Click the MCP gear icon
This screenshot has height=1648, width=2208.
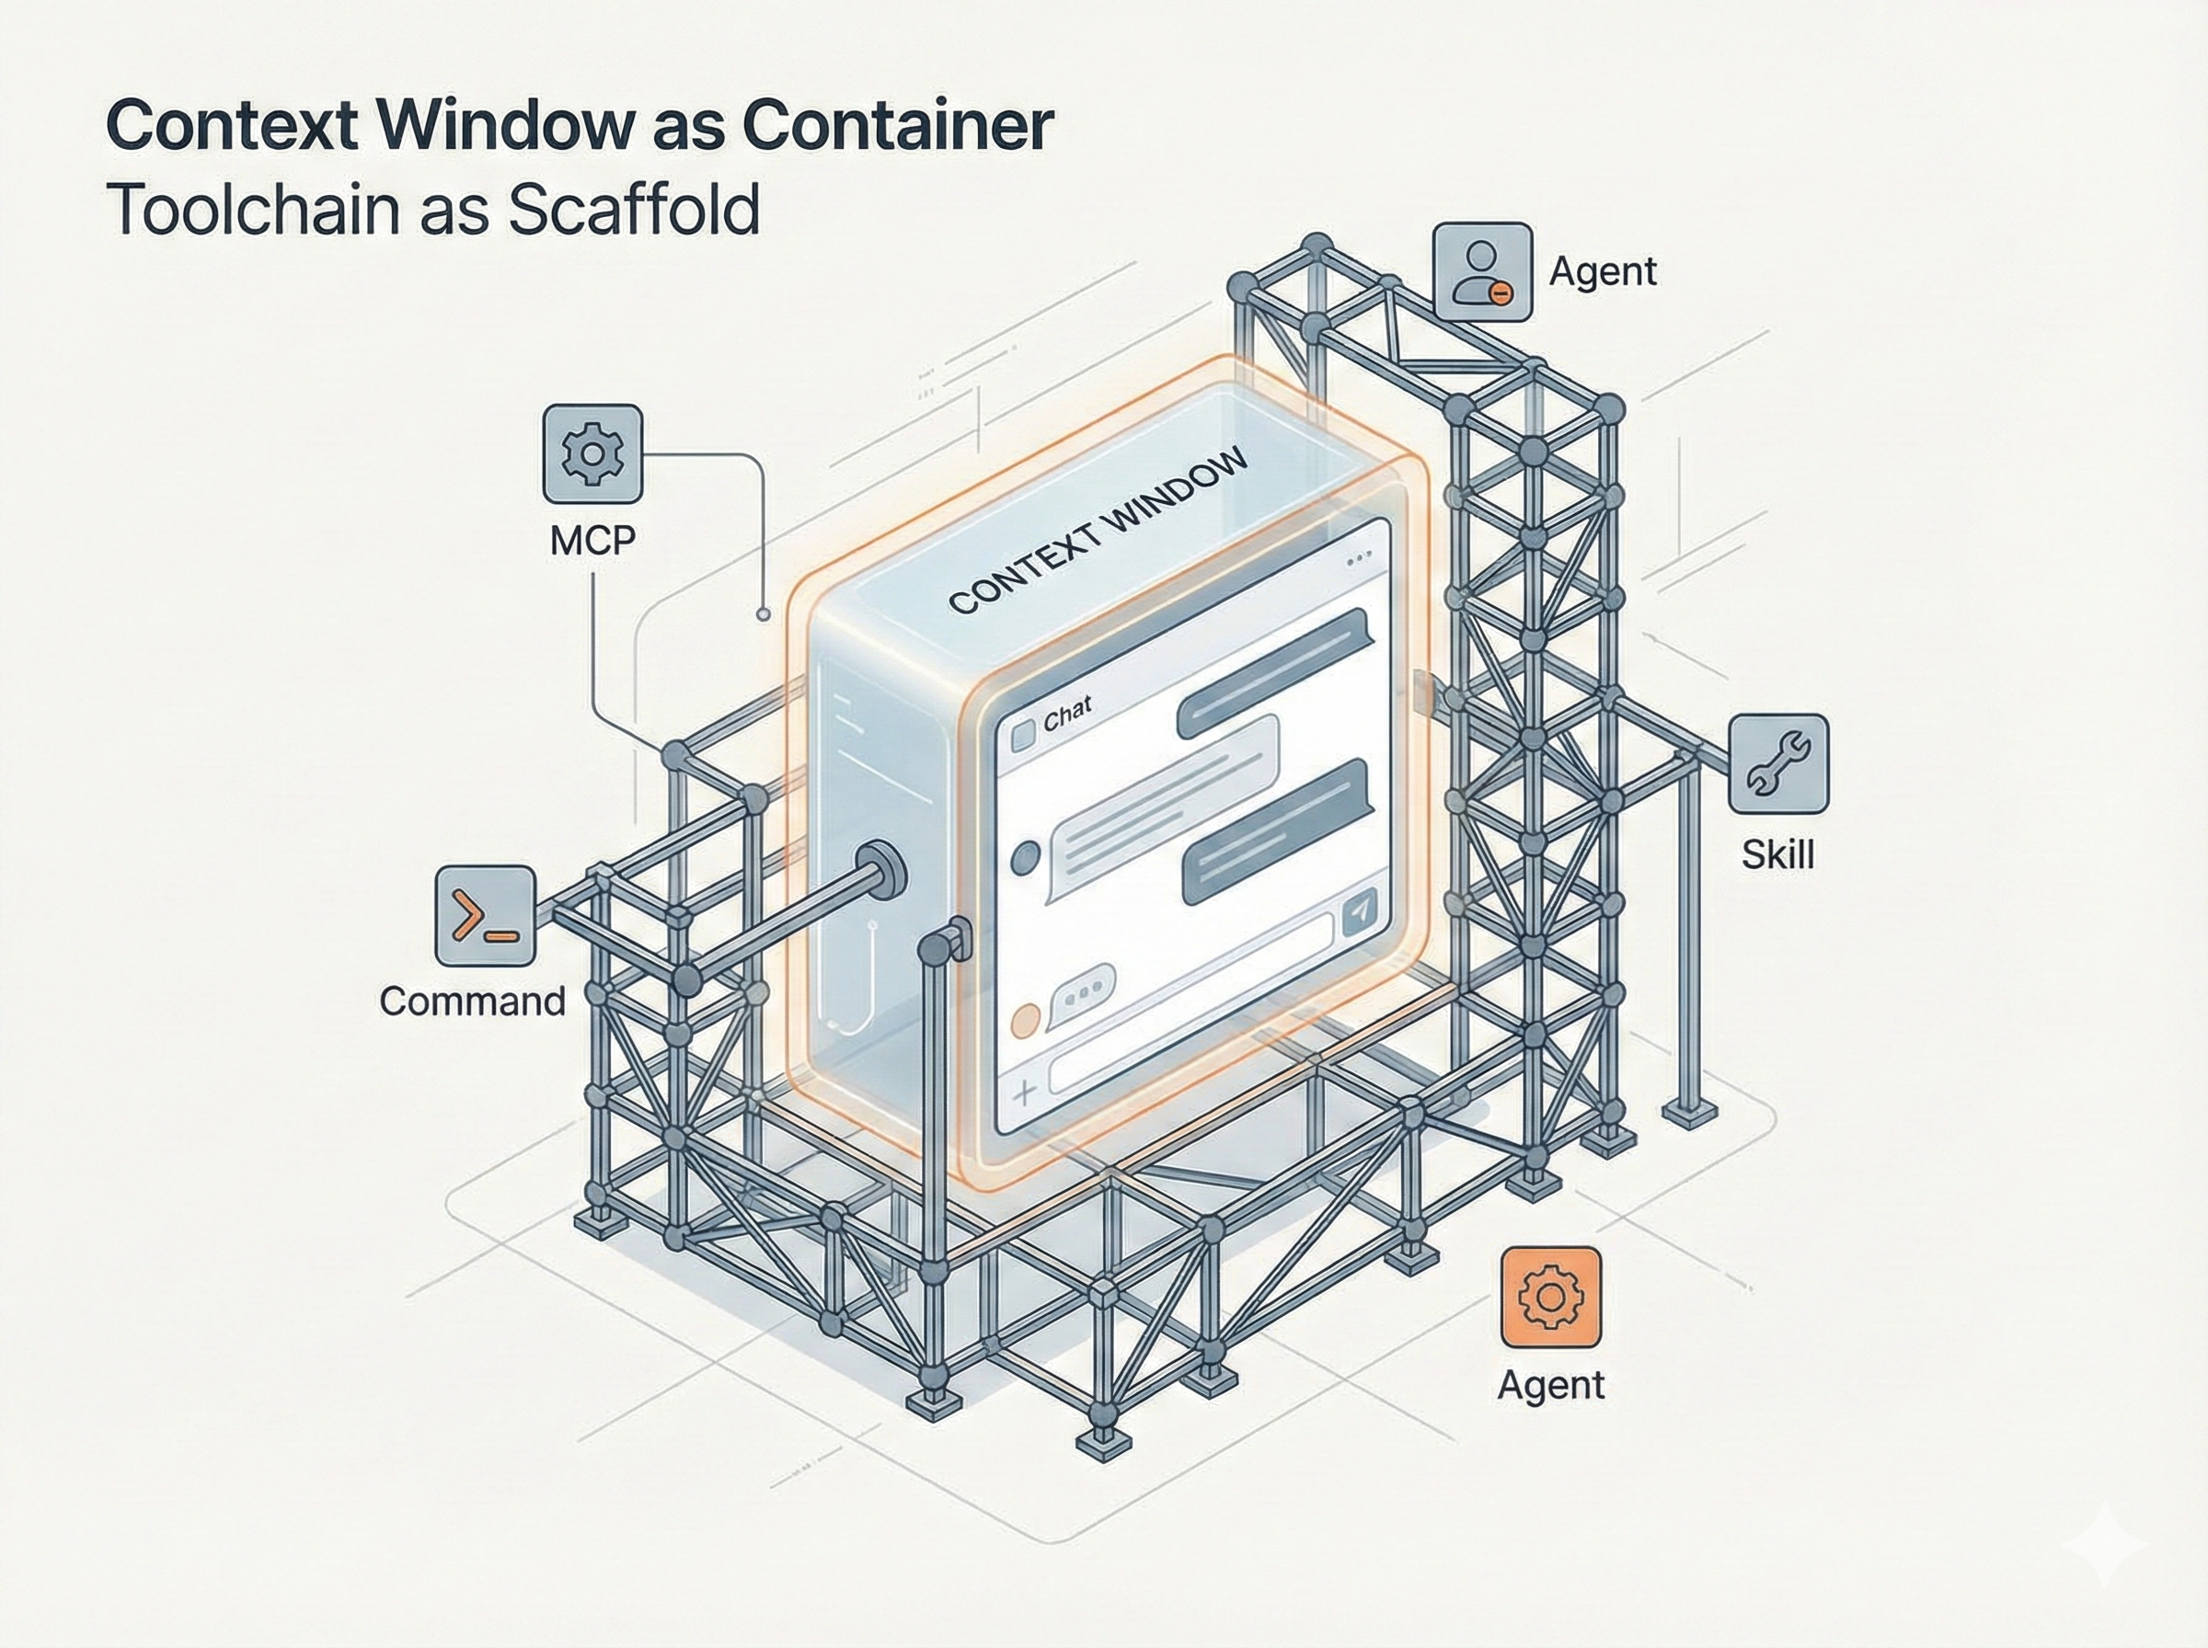pyautogui.click(x=592, y=454)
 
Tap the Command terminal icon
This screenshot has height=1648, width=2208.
pyautogui.click(x=486, y=917)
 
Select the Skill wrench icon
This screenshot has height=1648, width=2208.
pyautogui.click(x=1778, y=763)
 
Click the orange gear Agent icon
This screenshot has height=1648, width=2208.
pyautogui.click(x=1550, y=1296)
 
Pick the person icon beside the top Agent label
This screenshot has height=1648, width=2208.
pyautogui.click(x=1481, y=271)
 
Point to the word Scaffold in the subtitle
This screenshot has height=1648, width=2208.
pyautogui.click(x=634, y=209)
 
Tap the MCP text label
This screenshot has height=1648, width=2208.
pyautogui.click(x=592, y=540)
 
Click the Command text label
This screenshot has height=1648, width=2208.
pyautogui.click(x=472, y=1001)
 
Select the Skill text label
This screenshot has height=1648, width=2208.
pyautogui.click(x=1777, y=855)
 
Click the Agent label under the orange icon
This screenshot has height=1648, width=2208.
pyautogui.click(x=1550, y=1385)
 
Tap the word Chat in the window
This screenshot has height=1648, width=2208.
pyautogui.click(x=1067, y=714)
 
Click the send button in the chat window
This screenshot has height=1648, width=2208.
pyautogui.click(x=1359, y=910)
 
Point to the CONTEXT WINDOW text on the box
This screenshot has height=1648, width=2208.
pyautogui.click(x=1098, y=531)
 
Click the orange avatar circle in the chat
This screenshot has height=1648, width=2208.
pyautogui.click(x=1026, y=1020)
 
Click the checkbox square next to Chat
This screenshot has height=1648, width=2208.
pyautogui.click(x=1024, y=737)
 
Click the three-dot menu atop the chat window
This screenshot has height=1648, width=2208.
pyautogui.click(x=1358, y=563)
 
